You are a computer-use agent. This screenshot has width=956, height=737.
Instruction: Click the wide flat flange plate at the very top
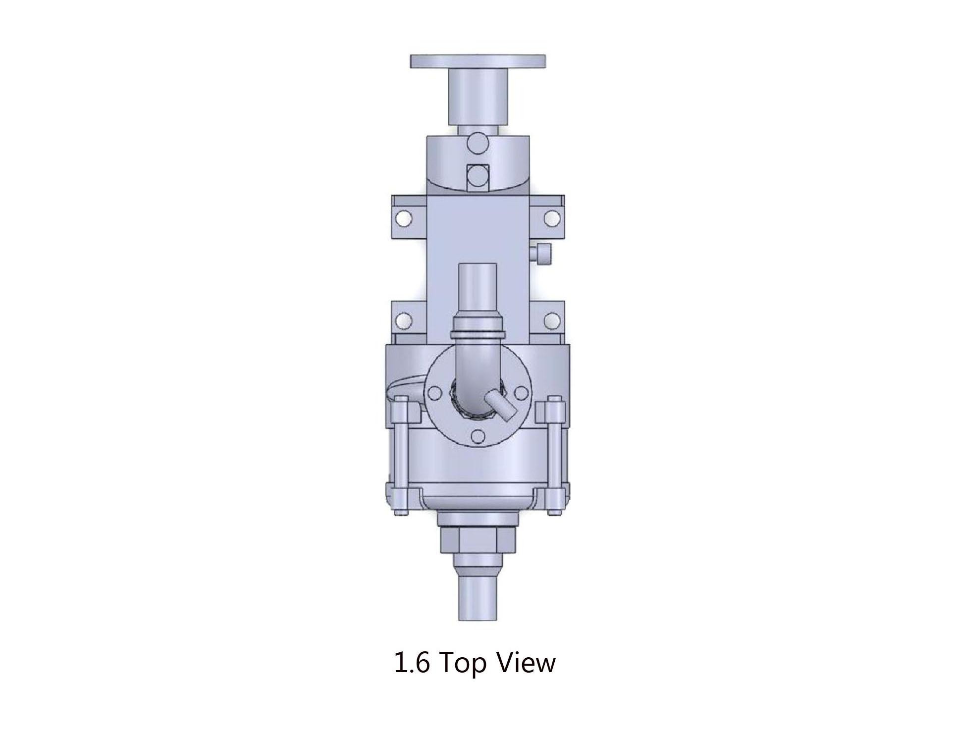478,61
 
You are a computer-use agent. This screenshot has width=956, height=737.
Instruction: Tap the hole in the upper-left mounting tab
405,217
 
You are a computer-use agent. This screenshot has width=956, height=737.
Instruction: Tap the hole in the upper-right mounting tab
551,217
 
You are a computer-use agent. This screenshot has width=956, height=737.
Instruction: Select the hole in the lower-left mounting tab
405,320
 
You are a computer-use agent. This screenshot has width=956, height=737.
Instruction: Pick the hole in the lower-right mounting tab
551,320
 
